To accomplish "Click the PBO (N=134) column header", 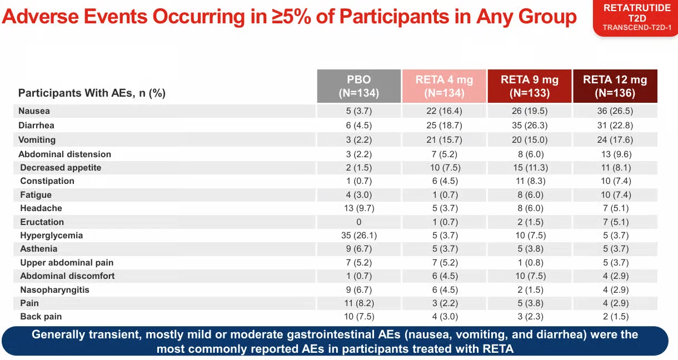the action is point(359,86).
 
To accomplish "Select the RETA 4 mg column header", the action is point(444,86).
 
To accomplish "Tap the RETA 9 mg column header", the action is point(530,86).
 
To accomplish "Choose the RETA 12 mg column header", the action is point(615,86).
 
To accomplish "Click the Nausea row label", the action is point(34,111).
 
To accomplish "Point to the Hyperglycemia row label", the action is point(52,236).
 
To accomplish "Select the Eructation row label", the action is point(42,222).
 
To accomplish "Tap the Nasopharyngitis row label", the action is point(55,290).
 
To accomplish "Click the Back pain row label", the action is point(41,317).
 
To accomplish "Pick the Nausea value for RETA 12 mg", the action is point(615,111).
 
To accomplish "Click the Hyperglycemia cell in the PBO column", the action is point(359,236).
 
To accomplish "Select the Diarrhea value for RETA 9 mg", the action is point(530,125).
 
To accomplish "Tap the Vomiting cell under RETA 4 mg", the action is point(444,140).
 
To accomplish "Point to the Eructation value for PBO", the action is point(359,222).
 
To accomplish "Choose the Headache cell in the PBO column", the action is point(359,208).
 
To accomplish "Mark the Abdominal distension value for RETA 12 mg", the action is point(616,154).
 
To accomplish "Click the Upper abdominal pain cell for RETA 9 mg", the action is point(531,263).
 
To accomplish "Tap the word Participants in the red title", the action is point(395,16).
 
